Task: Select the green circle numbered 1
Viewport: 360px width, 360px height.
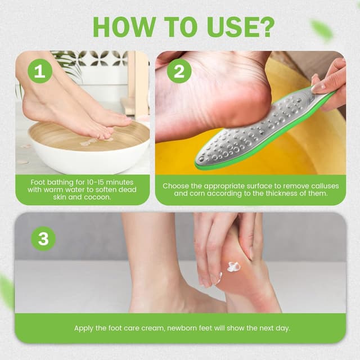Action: [x=39, y=71]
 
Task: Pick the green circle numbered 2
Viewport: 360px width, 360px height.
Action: [x=179, y=71]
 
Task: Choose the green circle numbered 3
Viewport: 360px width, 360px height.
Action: [x=43, y=238]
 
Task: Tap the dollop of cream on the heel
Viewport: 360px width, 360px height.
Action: [x=233, y=265]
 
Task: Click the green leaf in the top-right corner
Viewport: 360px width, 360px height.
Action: [x=322, y=29]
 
